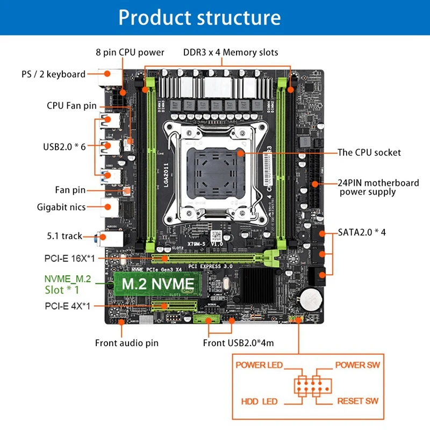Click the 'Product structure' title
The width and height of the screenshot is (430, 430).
[x=199, y=17]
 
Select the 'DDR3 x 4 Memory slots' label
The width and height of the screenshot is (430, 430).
[x=231, y=52]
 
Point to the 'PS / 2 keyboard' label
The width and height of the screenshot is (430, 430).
[x=53, y=74]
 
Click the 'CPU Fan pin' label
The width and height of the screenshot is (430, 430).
[x=71, y=105]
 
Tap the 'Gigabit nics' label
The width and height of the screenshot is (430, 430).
[x=61, y=206]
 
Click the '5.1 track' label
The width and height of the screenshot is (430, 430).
[x=64, y=235]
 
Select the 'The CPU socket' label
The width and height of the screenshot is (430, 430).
[x=369, y=152]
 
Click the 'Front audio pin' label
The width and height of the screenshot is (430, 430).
[x=127, y=342]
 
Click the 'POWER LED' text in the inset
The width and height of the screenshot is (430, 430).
[x=259, y=365]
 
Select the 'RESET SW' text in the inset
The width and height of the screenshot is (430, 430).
[x=357, y=401]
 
